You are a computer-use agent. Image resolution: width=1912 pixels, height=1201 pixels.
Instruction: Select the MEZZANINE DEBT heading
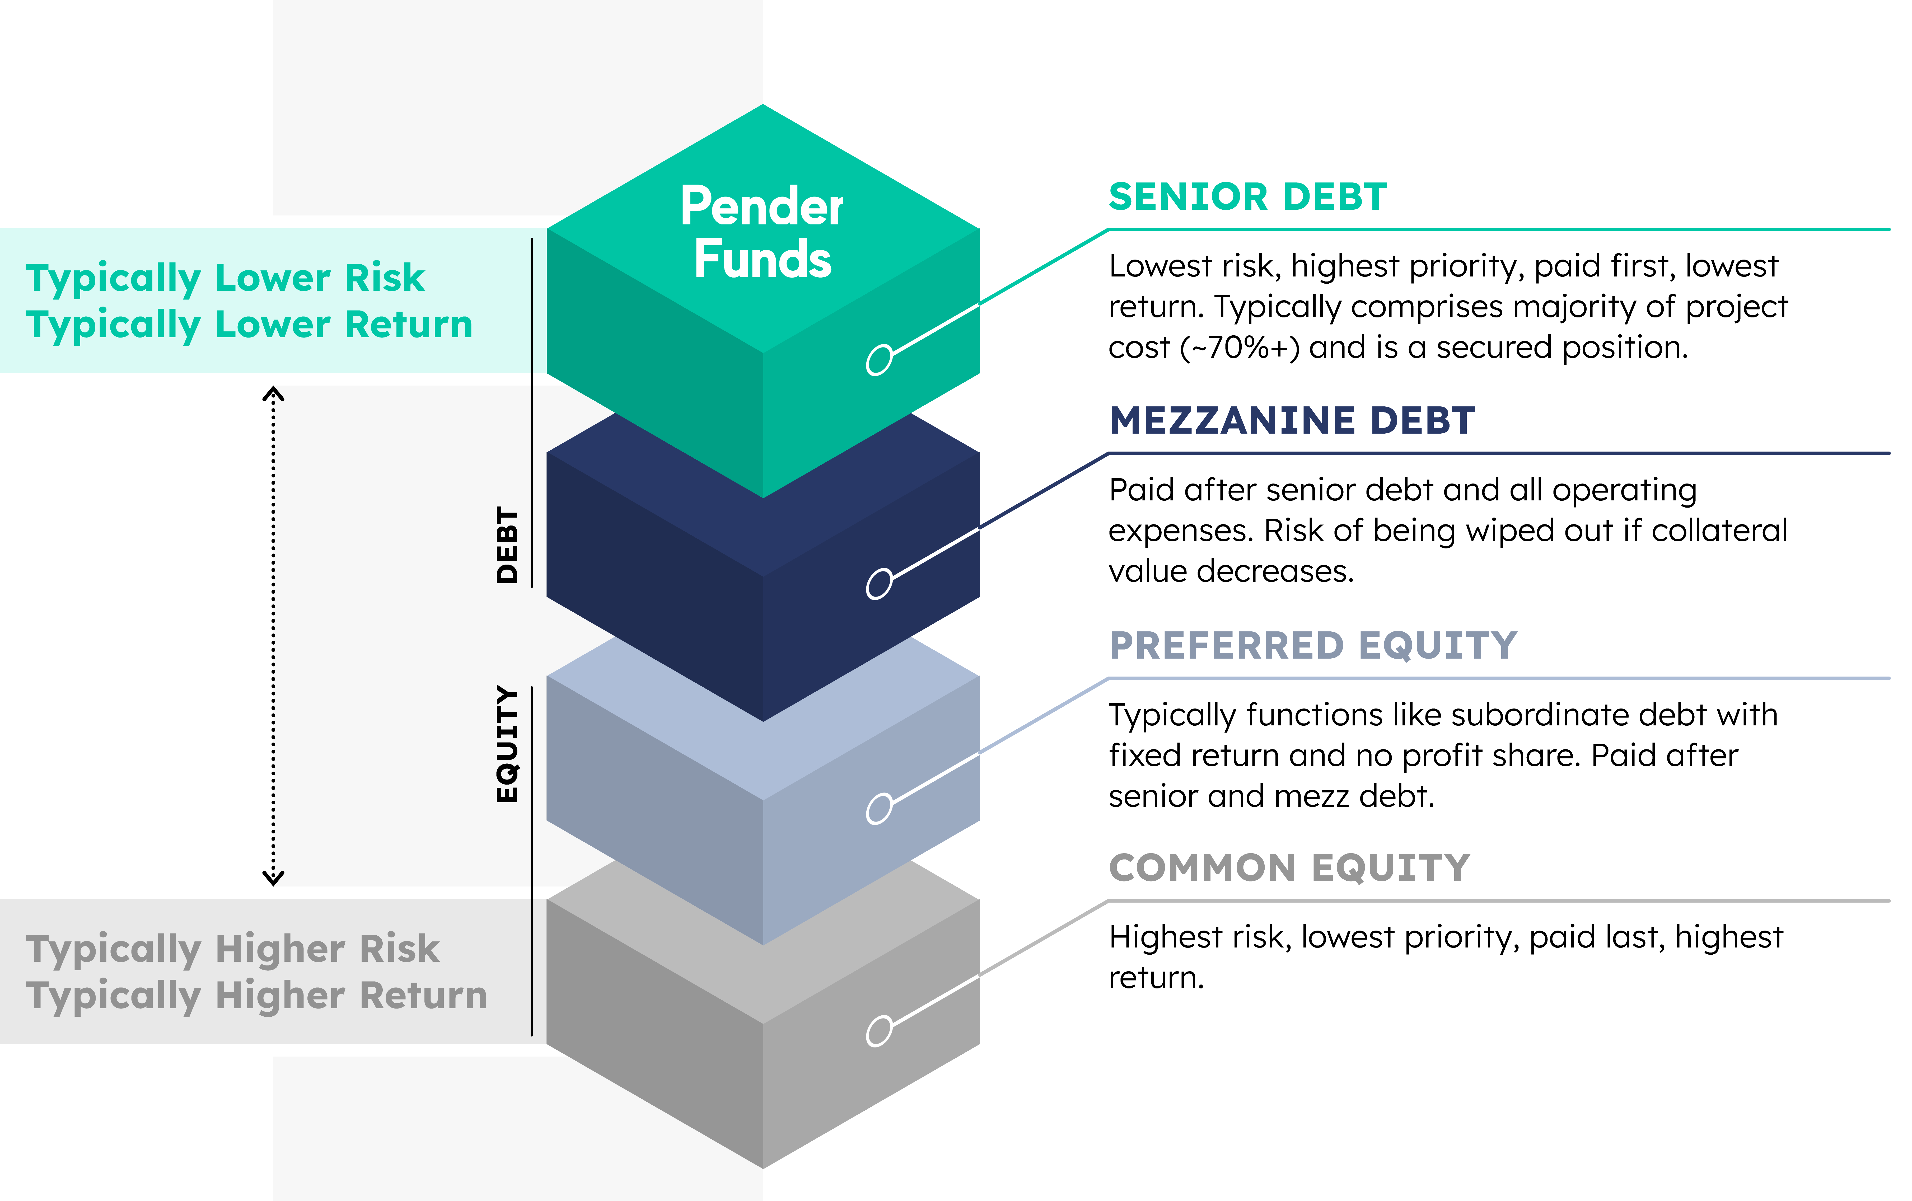[1292, 421]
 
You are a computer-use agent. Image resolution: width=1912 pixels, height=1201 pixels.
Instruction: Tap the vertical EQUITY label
[507, 744]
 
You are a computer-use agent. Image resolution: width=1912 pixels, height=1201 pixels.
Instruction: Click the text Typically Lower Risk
[226, 278]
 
